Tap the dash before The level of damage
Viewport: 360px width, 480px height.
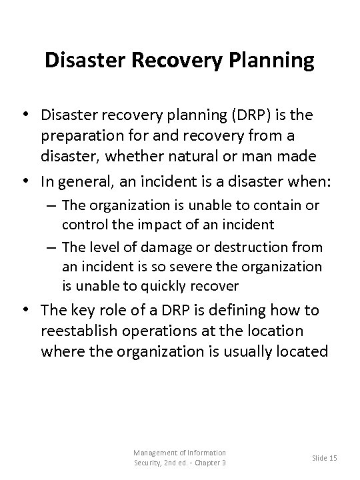pyautogui.click(x=52, y=247)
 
